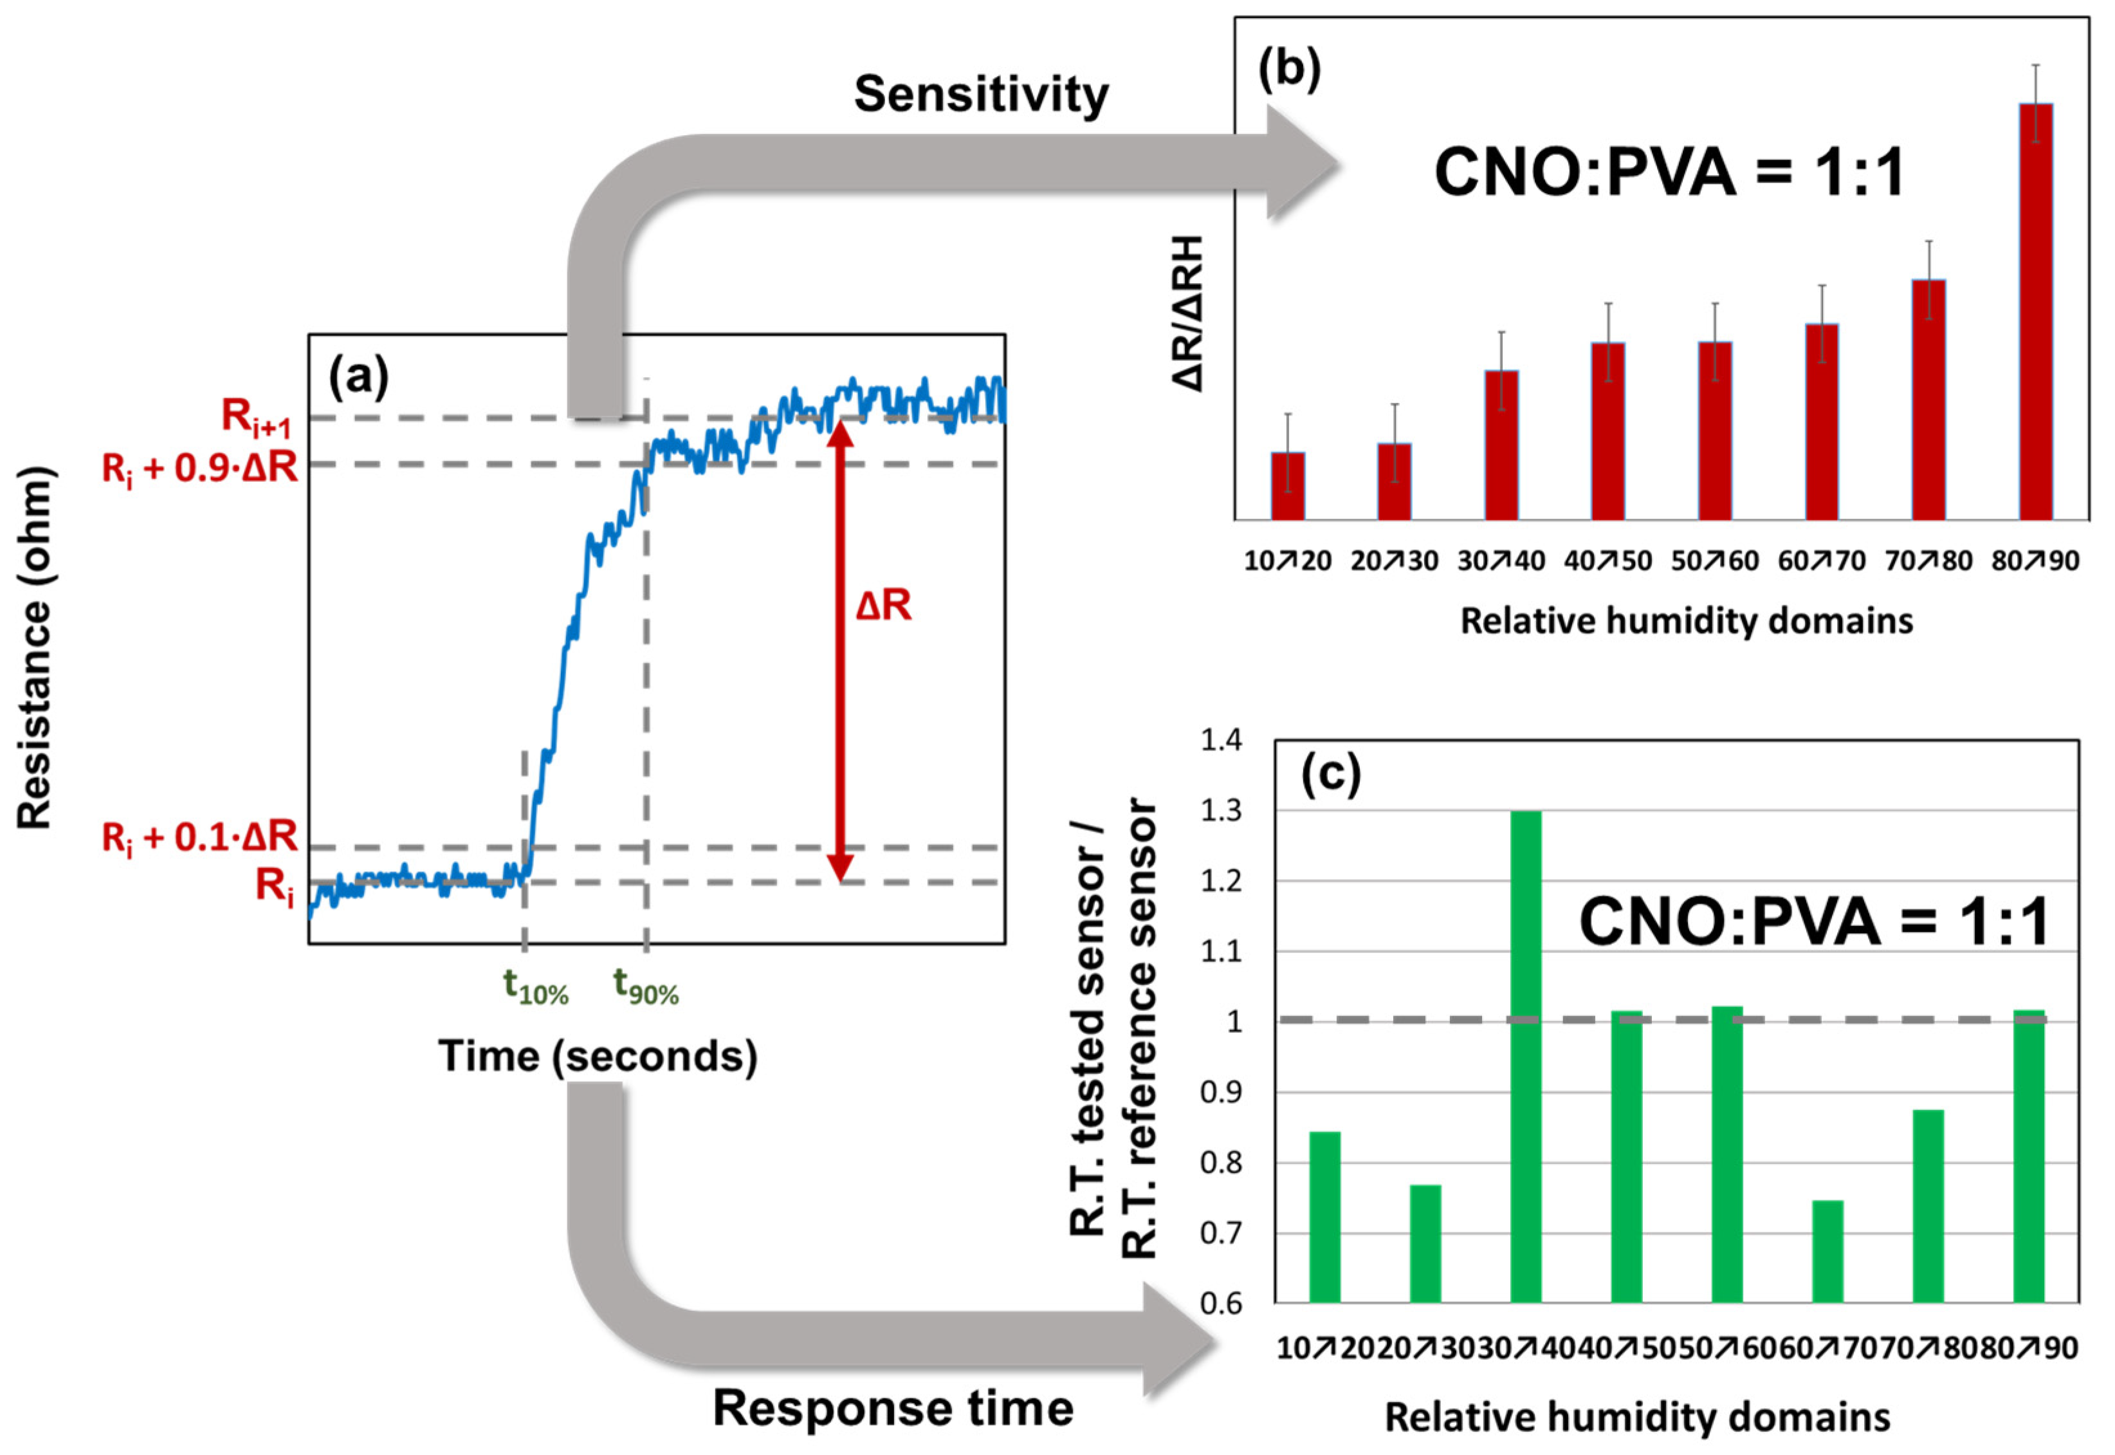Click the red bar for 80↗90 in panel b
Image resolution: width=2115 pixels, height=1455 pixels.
tap(2036, 310)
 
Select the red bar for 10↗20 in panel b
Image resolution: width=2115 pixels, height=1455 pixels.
tap(1288, 485)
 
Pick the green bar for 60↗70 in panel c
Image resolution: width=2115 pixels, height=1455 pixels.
tap(1827, 1251)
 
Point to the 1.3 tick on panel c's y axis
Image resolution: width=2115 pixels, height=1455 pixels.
tap(1221, 810)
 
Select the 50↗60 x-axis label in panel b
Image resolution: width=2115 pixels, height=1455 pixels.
tap(1714, 561)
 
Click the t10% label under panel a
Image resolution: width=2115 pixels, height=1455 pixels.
tap(536, 987)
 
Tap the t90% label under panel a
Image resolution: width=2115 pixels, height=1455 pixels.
tap(646, 987)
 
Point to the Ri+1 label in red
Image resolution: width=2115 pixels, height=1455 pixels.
tap(257, 418)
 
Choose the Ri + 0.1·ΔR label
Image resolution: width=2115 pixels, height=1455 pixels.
tap(199, 837)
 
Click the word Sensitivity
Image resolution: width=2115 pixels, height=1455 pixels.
tap(980, 94)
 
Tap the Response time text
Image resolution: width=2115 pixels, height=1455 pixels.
tap(892, 1407)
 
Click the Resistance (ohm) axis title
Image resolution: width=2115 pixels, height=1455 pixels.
tap(35, 648)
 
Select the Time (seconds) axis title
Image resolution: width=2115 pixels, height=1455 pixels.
tap(598, 1055)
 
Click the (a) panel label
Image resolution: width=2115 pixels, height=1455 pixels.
tap(358, 376)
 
